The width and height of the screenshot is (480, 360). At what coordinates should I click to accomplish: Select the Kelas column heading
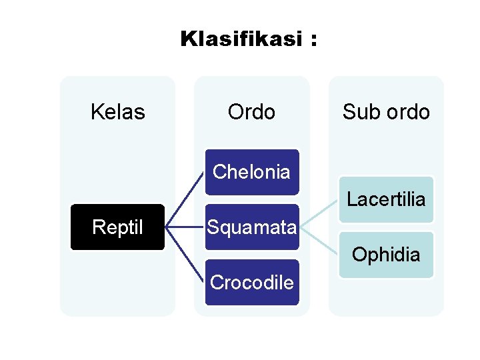pyautogui.click(x=117, y=112)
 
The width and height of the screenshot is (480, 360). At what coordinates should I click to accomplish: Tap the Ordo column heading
pyautogui.click(x=251, y=112)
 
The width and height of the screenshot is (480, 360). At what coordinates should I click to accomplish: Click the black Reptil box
pyautogui.click(x=117, y=227)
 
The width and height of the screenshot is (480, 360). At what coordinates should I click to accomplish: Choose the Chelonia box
pyautogui.click(x=251, y=171)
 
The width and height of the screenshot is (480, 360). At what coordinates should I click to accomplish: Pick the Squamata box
pyautogui.click(x=251, y=227)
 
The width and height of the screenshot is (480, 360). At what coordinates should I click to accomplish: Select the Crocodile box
pyautogui.click(x=251, y=283)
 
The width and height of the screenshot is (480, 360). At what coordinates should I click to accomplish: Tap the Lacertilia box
pyautogui.click(x=386, y=199)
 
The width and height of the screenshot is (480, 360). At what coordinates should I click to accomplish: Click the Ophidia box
pyautogui.click(x=386, y=255)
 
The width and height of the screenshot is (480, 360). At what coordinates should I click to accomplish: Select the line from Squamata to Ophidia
pyautogui.click(x=320, y=241)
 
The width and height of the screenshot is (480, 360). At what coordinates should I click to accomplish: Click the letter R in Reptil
pyautogui.click(x=97, y=227)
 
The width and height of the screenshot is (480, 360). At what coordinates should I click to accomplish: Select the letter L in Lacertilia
pyautogui.click(x=351, y=199)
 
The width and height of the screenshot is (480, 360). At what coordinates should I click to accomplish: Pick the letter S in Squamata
pyautogui.click(x=212, y=227)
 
